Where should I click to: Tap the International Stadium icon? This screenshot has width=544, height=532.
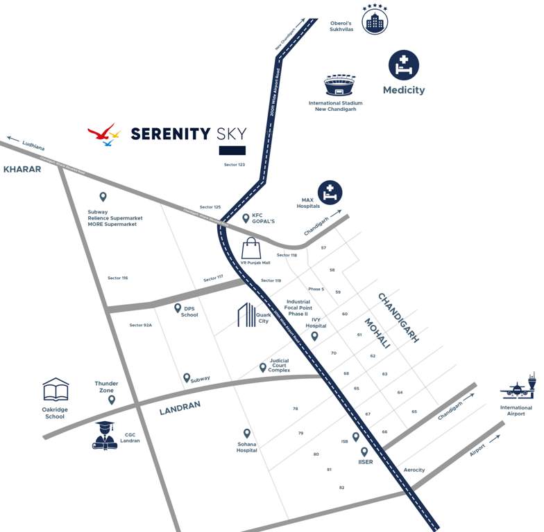pyautogui.click(x=339, y=86)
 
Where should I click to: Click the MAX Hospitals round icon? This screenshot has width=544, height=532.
pyautogui.click(x=330, y=193)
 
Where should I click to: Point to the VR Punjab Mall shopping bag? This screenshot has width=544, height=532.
pyautogui.click(x=250, y=247)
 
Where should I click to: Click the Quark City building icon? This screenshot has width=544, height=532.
pyautogui.click(x=247, y=314)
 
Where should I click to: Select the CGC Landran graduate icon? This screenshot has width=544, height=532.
pyautogui.click(x=105, y=434)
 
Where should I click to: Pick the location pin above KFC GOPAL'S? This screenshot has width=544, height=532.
pyautogui.click(x=246, y=218)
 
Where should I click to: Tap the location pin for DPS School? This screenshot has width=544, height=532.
pyautogui.click(x=178, y=308)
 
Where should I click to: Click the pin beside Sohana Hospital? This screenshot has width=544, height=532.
pyautogui.click(x=246, y=433)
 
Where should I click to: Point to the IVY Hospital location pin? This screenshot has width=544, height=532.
pyautogui.click(x=314, y=336)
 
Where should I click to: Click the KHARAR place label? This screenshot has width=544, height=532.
pyautogui.click(x=22, y=169)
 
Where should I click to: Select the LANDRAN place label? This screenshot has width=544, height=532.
pyautogui.click(x=180, y=409)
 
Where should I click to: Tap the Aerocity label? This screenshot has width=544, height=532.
pyautogui.click(x=414, y=470)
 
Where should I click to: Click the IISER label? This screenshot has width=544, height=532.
pyautogui.click(x=365, y=462)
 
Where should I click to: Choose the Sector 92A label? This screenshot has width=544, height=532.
pyautogui.click(x=140, y=325)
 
